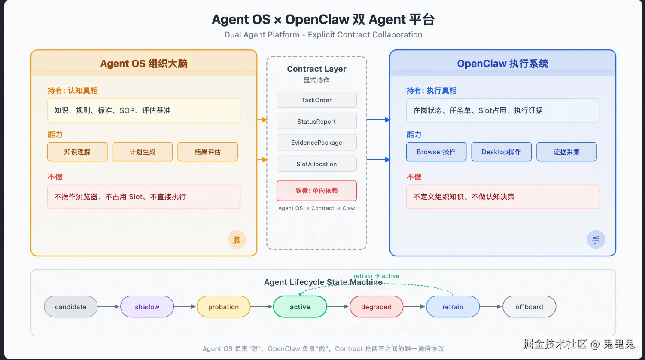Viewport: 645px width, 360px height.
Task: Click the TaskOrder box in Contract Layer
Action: click(316, 100)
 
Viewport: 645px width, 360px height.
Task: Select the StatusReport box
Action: click(316, 121)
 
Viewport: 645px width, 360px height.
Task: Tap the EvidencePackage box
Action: click(316, 143)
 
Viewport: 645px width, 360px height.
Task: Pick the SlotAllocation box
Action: click(316, 164)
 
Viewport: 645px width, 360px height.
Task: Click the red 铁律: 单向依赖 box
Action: click(316, 191)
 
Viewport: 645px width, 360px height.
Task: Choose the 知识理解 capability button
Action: click(77, 152)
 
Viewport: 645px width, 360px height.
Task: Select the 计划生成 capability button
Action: click(143, 152)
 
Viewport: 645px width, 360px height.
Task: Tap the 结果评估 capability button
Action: click(207, 152)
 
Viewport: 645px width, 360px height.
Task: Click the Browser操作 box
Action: click(436, 152)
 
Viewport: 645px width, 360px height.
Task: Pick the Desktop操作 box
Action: click(501, 152)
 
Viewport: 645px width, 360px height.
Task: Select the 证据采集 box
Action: click(566, 152)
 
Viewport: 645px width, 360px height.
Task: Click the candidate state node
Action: click(70, 307)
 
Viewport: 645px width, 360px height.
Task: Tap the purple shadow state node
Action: click(147, 307)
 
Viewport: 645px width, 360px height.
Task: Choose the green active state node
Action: click(300, 307)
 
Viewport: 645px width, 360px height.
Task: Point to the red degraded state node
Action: click(376, 307)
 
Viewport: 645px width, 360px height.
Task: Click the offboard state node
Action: click(529, 307)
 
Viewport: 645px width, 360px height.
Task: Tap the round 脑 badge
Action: click(237, 240)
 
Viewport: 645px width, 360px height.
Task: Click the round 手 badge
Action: click(596, 240)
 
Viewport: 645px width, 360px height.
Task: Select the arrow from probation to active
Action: click(261, 307)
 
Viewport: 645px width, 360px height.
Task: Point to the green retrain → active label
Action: click(376, 276)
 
